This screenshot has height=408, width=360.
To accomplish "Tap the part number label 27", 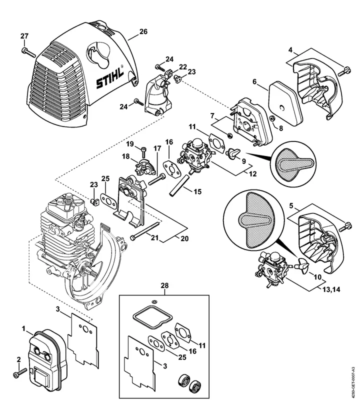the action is [24, 36].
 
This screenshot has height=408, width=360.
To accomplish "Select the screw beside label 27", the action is [28, 52].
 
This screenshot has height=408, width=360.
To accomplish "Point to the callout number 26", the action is [143, 31].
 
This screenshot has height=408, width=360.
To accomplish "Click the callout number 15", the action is [197, 191].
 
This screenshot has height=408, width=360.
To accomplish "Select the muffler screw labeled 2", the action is [20, 372].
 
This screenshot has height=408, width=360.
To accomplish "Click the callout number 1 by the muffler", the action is [23, 329].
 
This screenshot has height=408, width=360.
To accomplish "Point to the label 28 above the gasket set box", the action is [164, 285].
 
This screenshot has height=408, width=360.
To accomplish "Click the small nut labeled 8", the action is [273, 119].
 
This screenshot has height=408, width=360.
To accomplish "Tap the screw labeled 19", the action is [143, 152].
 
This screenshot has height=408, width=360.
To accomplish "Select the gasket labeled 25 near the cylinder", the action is [108, 201].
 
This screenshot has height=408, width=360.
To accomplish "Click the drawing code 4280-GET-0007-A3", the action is [352, 382].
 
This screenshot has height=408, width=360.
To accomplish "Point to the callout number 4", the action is [290, 49].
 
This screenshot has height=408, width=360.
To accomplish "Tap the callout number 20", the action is [184, 238].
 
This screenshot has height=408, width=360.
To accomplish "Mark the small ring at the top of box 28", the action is [154, 301].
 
